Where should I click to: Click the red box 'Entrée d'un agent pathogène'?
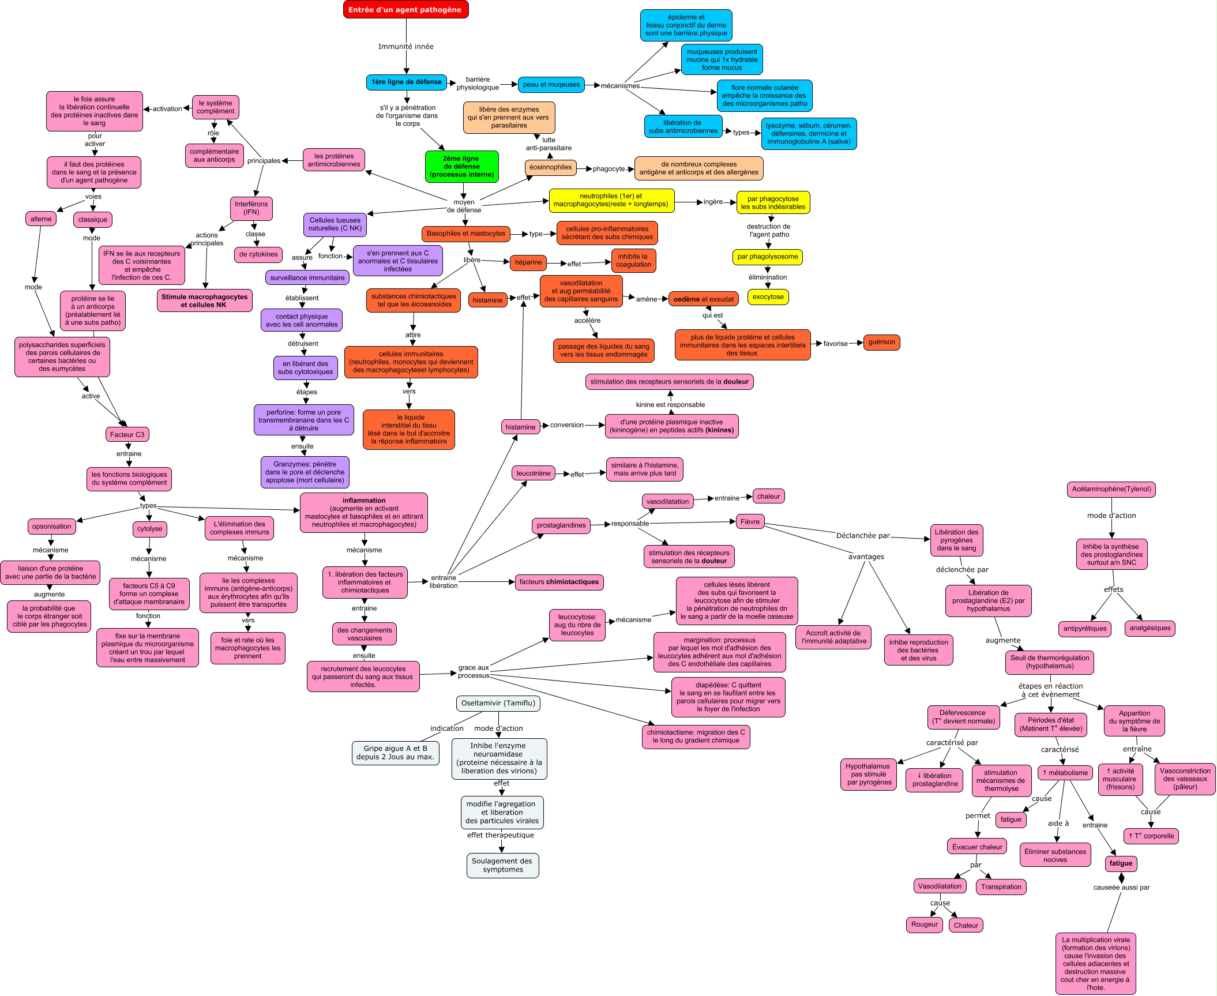pyautogui.click(x=405, y=10)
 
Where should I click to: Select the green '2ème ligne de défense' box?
pyautogui.click(x=461, y=167)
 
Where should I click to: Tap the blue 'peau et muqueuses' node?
pyautogui.click(x=551, y=85)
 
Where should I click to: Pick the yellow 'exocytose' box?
pyautogui.click(x=768, y=297)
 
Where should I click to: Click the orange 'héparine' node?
pyautogui.click(x=528, y=262)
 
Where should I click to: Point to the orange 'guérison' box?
pyautogui.click(x=881, y=342)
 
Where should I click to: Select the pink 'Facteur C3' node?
pyautogui.click(x=127, y=435)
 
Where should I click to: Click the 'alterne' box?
pyautogui.click(x=41, y=219)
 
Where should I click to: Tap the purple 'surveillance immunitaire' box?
pyautogui.click(x=307, y=278)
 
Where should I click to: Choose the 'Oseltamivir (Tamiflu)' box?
pyautogui.click(x=498, y=703)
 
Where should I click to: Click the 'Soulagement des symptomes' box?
pyautogui.click(x=502, y=865)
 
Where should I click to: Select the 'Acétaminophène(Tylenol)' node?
pyautogui.click(x=1111, y=489)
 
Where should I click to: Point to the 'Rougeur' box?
pyautogui.click(x=925, y=924)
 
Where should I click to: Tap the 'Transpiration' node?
pyautogui.click(x=1001, y=887)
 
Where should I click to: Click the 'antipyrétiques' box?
pyautogui.click(x=1085, y=629)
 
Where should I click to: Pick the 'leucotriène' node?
pyautogui.click(x=534, y=473)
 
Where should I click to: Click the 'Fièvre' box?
pyautogui.click(x=750, y=522)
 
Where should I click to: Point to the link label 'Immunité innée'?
pyautogui.click(x=405, y=47)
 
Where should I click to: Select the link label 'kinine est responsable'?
pyautogui.click(x=670, y=405)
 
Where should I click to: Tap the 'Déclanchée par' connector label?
pyautogui.click(x=863, y=536)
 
